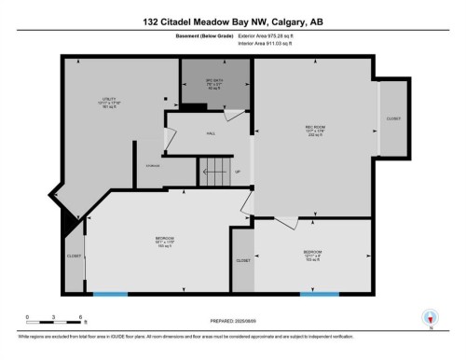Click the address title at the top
click(x=232, y=21)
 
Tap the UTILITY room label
click(x=110, y=101)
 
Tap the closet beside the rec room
click(x=393, y=119)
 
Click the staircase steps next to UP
click(x=213, y=172)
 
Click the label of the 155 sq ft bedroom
click(x=165, y=241)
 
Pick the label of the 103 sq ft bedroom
click(x=312, y=255)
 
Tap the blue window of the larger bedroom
click(x=110, y=294)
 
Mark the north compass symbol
click(x=430, y=317)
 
